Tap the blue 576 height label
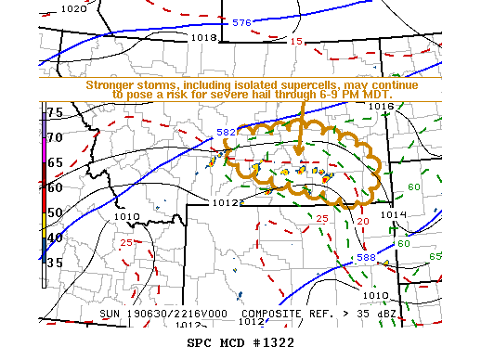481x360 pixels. coord(241,22)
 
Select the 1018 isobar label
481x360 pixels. coord(202,38)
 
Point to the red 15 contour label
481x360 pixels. coord(296,42)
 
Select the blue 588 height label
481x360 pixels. coord(368,257)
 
